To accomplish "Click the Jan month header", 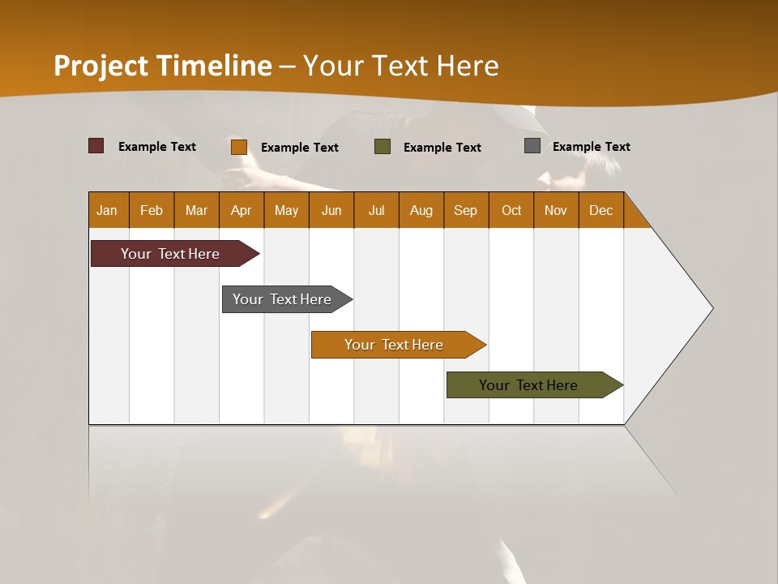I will pos(108,210).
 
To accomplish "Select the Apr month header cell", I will pos(242,210).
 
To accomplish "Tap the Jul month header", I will pos(376,210).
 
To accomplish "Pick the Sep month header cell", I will pos(466,210).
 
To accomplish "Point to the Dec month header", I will pos(601,210).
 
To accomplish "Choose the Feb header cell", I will pos(152,210).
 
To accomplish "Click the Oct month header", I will pos(511,210).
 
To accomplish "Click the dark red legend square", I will pos(96,146).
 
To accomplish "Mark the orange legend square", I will pos(239,147).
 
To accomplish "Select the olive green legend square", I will pos(383,147).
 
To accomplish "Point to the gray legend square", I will pos(532,146).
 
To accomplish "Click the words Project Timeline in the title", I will pos(163,66).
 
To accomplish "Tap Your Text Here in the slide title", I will pos(401,66).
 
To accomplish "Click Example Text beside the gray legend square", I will pos(591,147).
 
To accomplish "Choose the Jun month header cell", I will pos(331,210).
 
